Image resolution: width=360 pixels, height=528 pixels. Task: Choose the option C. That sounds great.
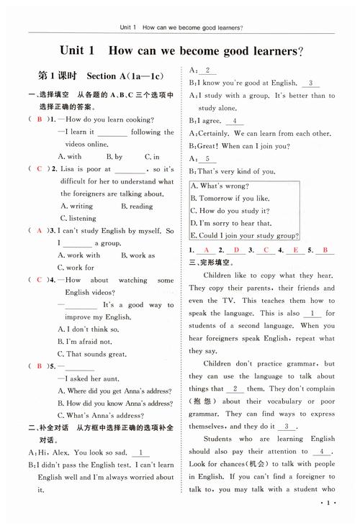(96, 353)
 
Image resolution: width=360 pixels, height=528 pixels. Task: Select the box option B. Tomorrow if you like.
(228, 199)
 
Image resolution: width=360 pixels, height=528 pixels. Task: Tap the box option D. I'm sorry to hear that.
(230, 223)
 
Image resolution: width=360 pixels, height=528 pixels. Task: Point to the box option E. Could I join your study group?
(245, 235)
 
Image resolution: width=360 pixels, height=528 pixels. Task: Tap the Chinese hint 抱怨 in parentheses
(199, 401)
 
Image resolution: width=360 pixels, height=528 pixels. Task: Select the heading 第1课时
(51, 76)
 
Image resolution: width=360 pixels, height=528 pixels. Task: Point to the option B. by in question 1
(114, 156)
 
